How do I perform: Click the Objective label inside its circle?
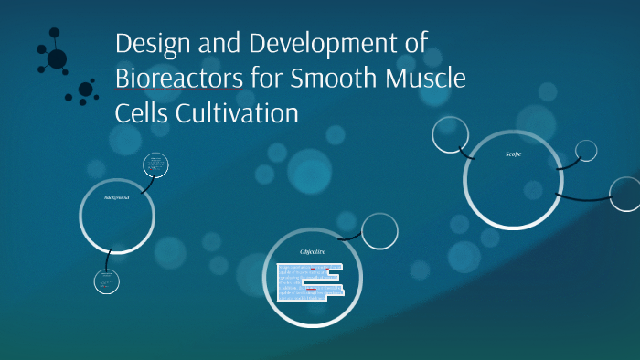pyautogui.click(x=313, y=251)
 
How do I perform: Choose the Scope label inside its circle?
pyautogui.click(x=513, y=154)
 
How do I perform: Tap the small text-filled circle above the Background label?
pyautogui.click(x=156, y=166)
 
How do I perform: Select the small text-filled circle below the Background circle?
pyautogui.click(x=107, y=281)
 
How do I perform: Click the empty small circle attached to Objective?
pyautogui.click(x=379, y=230)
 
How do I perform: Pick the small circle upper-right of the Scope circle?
pyautogui.click(x=585, y=150)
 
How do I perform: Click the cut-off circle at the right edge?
pyautogui.click(x=626, y=194)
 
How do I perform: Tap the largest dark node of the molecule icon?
pyautogui.click(x=57, y=58)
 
